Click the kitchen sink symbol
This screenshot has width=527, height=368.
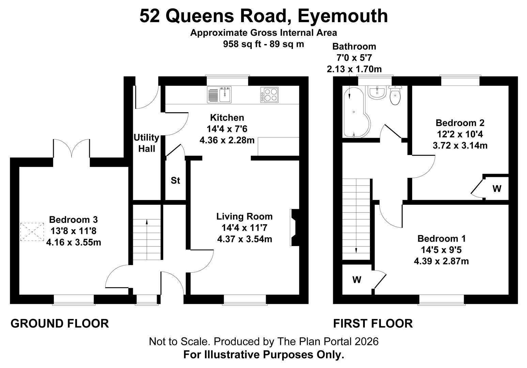(219, 95)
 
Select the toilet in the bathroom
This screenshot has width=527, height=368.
(395, 96)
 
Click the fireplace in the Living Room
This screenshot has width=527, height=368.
(294, 227)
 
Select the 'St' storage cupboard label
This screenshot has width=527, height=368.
(175, 181)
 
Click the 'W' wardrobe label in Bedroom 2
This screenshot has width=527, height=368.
(497, 188)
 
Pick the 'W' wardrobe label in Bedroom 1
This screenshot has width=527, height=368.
(357, 280)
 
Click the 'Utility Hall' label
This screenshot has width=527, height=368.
(146, 143)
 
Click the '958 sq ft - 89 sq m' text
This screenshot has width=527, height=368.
(263, 44)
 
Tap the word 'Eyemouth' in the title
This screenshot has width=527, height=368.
(343, 16)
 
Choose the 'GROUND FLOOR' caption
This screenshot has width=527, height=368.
(60, 323)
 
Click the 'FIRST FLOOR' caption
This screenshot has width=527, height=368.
(373, 323)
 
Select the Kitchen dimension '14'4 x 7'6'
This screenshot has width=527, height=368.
(227, 129)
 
